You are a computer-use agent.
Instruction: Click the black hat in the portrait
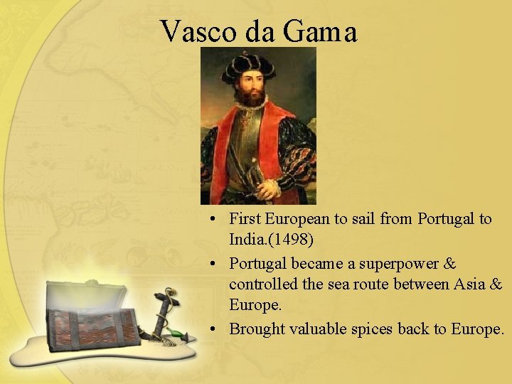[x=248, y=68]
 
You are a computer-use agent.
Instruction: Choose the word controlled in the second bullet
[x=261, y=284]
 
